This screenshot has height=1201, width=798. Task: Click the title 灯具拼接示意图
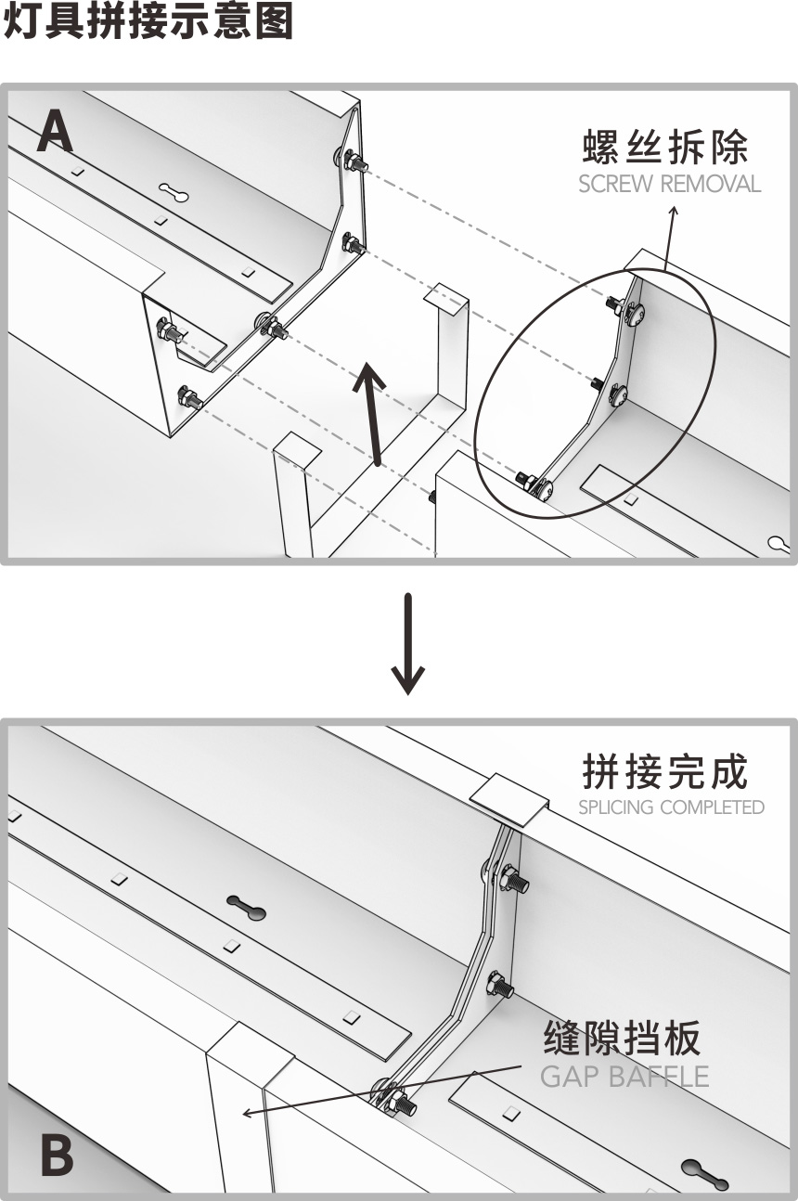[148, 22]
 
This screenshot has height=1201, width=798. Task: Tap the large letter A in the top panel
[55, 133]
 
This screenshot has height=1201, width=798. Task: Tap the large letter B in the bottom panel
[56, 1156]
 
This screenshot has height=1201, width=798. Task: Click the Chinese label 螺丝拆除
[665, 148]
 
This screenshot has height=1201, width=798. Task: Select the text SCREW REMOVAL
[669, 184]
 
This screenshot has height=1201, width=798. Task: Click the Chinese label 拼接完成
[664, 771]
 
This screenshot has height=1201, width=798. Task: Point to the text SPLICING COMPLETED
[671, 807]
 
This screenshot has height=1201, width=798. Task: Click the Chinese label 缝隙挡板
[622, 1039]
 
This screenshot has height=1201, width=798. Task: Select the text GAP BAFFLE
[624, 1077]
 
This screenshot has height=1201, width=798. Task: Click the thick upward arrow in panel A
[373, 413]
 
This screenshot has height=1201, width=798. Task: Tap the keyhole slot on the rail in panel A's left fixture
[174, 192]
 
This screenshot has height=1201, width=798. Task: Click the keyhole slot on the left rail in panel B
[246, 909]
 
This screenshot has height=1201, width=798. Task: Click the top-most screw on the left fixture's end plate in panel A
[354, 162]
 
